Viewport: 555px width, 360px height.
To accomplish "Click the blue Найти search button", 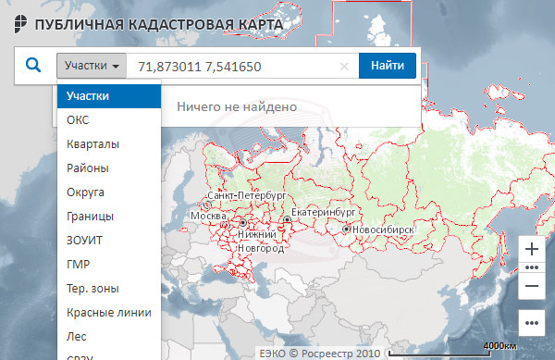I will pos(388,66).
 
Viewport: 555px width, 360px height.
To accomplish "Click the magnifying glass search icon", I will pos(33,66).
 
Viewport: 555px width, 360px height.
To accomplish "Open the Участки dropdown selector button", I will pos(91,66).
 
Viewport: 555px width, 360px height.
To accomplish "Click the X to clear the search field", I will pos(344,67).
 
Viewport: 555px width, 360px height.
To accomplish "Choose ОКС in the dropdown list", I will pos(79,119).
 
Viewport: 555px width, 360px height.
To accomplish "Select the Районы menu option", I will pos(88,168).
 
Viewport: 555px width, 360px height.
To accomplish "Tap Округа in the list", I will pos(85,192).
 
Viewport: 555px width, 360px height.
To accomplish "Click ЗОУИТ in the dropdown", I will pos(85,240).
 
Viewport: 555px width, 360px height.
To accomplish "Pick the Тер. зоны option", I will pos(92,288).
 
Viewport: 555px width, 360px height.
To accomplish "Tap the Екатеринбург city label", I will pos(324,212).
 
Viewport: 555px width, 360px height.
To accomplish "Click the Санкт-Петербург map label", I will pos(245,197).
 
